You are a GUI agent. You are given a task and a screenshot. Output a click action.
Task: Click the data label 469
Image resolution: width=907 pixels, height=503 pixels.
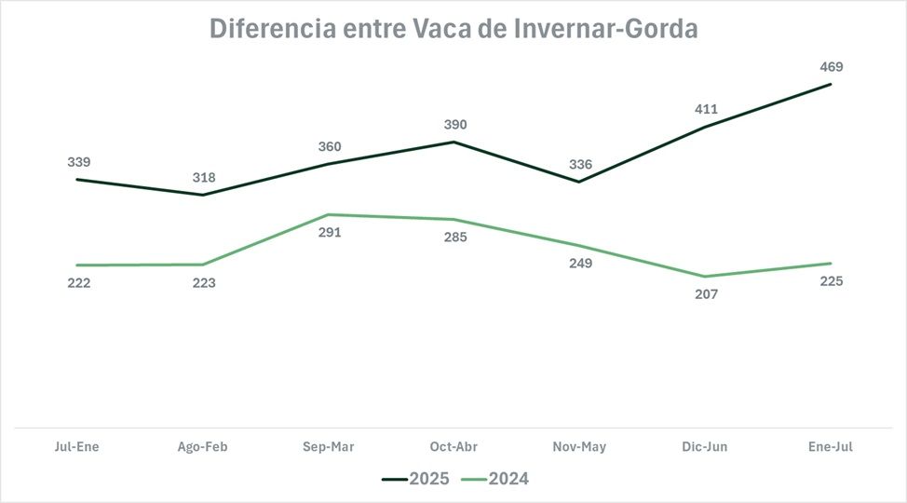coord(831,67)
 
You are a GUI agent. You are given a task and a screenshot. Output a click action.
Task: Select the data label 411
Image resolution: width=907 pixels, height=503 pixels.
coord(706,108)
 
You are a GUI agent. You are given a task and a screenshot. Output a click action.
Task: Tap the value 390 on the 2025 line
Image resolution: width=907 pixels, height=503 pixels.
coord(454,125)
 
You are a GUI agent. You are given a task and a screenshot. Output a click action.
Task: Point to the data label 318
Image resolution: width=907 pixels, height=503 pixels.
coord(203,178)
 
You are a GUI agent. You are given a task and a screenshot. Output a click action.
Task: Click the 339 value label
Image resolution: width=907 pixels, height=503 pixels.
coord(78,162)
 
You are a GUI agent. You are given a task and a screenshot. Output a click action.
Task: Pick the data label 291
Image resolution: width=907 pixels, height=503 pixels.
coord(330,232)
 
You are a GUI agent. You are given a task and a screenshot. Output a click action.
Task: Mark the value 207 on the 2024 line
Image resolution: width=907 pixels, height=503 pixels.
coord(706,294)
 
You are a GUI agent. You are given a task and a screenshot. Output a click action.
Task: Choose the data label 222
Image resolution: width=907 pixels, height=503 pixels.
coord(78,283)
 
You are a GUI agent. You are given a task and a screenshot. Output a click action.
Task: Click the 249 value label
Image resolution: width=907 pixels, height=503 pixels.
coord(580,264)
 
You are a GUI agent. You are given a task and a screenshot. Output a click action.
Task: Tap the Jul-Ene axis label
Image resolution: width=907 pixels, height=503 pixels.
coord(76,447)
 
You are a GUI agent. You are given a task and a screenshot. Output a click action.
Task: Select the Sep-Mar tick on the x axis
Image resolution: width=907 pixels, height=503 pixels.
coord(329,447)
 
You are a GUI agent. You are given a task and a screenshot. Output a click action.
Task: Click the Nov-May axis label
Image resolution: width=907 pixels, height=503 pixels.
coord(580,447)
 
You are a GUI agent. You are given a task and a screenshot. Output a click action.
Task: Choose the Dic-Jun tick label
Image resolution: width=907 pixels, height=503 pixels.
coord(705,447)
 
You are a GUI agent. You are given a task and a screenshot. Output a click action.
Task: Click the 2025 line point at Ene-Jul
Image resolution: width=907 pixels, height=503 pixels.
coord(831,85)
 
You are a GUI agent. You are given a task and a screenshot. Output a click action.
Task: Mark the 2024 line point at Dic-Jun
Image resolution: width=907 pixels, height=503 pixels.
coord(705,277)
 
